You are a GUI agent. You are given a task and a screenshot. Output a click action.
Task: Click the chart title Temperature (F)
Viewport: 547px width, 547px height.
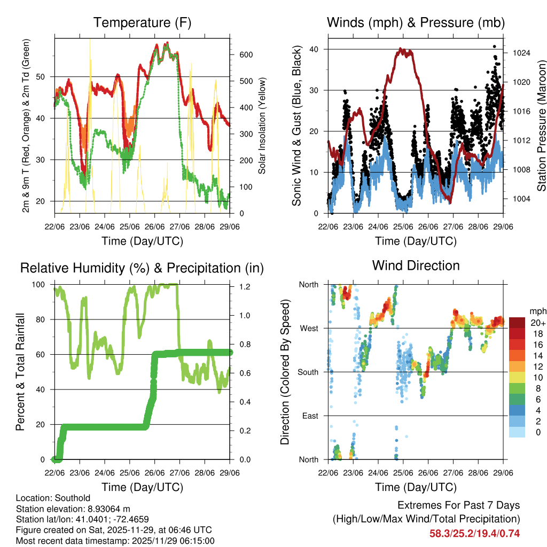tap(142, 23)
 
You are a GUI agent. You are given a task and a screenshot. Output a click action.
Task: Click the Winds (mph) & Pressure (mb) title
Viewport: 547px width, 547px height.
tap(416, 23)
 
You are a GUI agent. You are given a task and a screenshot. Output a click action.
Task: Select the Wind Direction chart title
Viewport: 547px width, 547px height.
tap(416, 265)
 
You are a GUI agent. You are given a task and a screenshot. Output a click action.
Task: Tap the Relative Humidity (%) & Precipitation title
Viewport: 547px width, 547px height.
tap(142, 268)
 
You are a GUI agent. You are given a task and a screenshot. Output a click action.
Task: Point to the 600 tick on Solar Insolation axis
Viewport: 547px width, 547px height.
tap(246, 55)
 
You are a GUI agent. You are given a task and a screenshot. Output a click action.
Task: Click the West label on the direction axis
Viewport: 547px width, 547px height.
tap(309, 328)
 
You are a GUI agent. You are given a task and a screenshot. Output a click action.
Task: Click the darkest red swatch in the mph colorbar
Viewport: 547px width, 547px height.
tap(517, 322)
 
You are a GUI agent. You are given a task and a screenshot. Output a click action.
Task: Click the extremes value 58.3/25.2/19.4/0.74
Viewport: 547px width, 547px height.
tap(474, 533)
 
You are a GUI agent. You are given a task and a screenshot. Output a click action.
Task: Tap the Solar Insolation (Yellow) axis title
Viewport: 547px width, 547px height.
tap(262, 126)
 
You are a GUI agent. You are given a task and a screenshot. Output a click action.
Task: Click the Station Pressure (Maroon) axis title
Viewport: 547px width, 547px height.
tap(541, 126)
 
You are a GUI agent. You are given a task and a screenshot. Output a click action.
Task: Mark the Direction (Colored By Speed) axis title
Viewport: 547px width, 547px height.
tap(285, 371)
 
